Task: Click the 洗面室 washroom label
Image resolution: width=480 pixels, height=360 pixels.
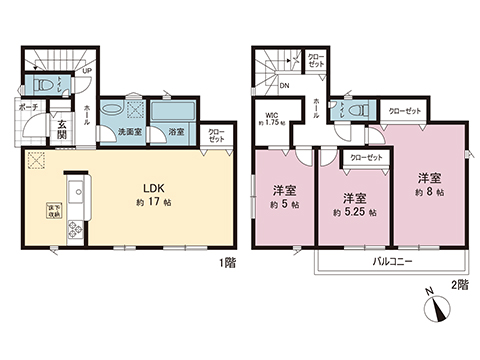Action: pyautogui.click(x=128, y=131)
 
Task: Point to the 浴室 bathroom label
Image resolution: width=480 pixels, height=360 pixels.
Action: pyautogui.click(x=176, y=131)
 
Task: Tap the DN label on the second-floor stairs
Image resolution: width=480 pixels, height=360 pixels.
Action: pyautogui.click(x=285, y=87)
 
